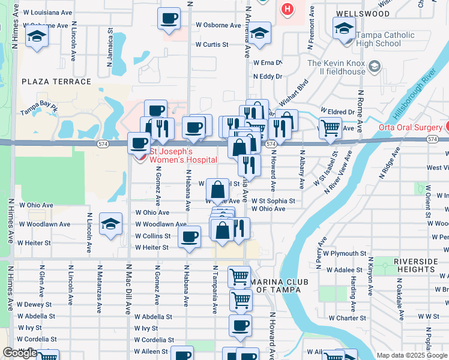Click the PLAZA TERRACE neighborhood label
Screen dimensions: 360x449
pos(56,82)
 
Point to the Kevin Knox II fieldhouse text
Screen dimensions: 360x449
pos(336,67)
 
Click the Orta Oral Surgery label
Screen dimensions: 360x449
pos(409,127)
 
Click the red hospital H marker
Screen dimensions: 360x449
pos(288,9)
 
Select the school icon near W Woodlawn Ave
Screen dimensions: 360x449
pos(110,224)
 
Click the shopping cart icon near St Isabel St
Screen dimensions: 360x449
pos(330,127)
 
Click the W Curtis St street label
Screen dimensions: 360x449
pos(212,44)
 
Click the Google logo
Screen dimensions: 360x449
pos(20,353)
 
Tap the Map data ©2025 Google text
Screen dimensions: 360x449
pos(411,355)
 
